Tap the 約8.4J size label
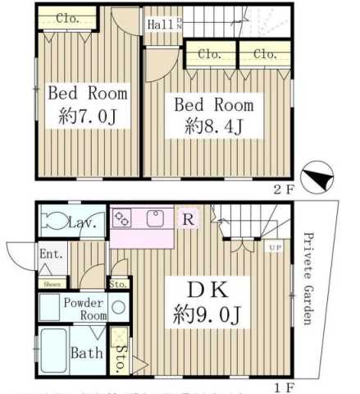pyautogui.click(x=212, y=126)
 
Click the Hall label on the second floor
pyautogui.click(x=161, y=25)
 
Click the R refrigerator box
pyautogui.click(x=188, y=219)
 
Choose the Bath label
pyautogui.click(x=86, y=354)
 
